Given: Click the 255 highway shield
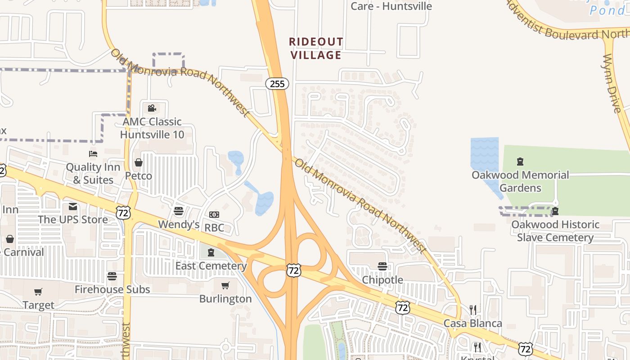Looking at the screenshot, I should click(277, 83).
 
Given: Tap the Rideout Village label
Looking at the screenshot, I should click(316, 49).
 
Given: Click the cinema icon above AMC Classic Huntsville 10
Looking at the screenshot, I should click(152, 108).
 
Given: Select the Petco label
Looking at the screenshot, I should click(138, 175).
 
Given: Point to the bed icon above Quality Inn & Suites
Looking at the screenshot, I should click(93, 154).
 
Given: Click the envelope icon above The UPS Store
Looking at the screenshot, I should click(73, 207).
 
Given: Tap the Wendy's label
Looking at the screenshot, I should click(179, 224).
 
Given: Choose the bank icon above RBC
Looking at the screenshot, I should click(214, 215).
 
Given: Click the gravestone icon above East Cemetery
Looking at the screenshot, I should click(211, 252).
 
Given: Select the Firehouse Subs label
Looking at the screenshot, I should click(112, 289).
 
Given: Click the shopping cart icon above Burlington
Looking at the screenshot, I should click(225, 285).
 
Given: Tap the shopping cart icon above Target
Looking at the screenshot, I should click(38, 292).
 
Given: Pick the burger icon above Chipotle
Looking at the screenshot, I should click(382, 266).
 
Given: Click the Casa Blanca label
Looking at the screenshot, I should click(472, 323).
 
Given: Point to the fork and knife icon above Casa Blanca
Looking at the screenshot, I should click(472, 310).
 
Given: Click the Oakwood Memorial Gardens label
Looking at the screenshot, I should click(520, 181).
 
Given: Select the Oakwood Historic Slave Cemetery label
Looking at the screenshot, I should click(555, 231).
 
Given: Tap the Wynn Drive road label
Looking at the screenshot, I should click(612, 83).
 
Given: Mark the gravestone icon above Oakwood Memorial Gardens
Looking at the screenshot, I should click(520, 162).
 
